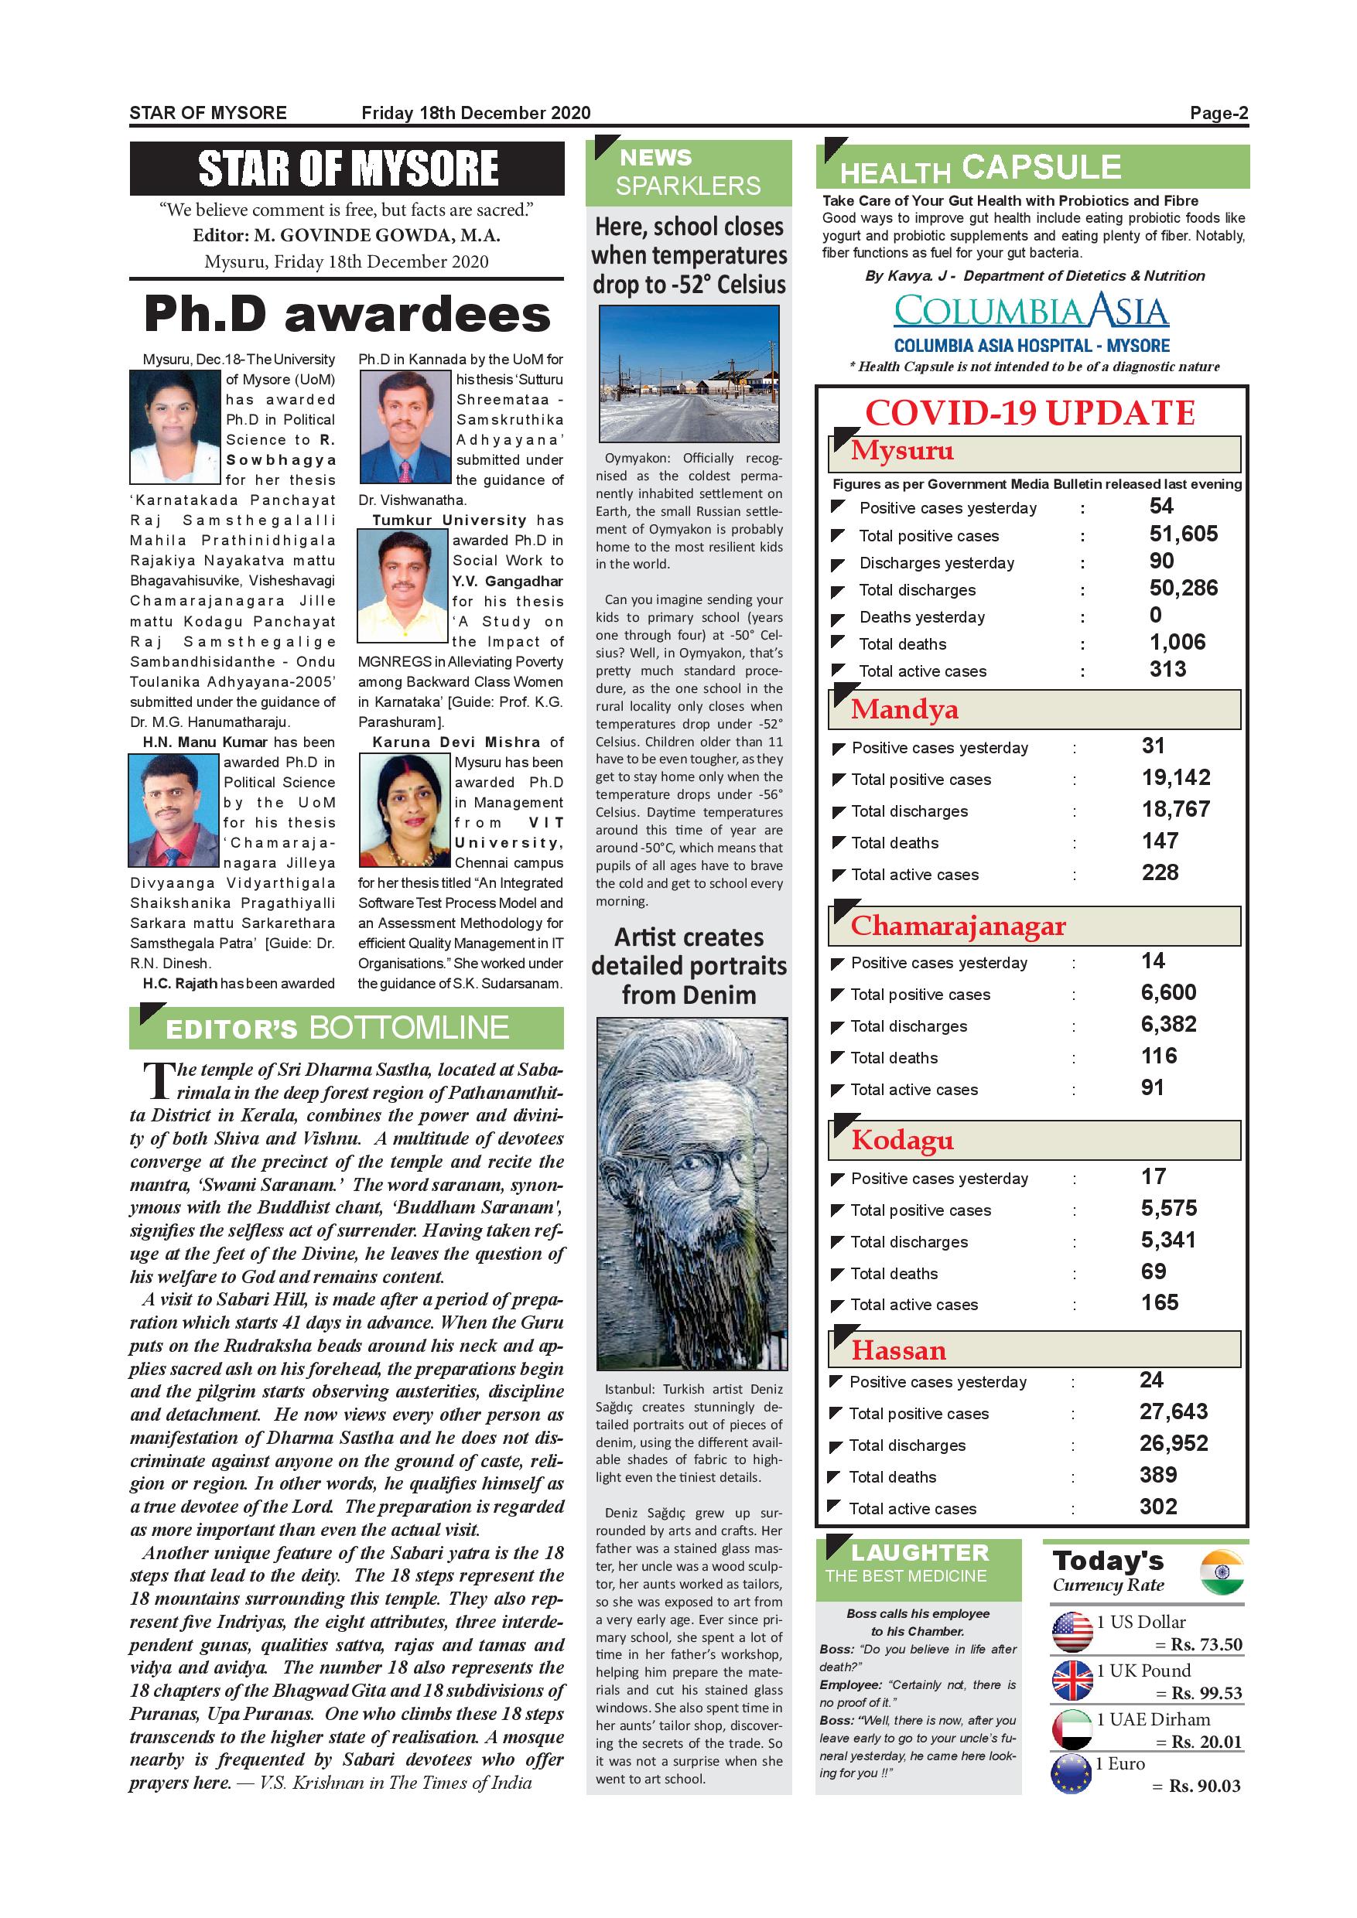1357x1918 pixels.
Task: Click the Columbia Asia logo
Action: coord(1031,312)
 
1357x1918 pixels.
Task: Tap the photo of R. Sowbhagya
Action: coord(176,427)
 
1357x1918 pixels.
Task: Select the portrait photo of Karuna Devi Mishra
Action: coord(405,810)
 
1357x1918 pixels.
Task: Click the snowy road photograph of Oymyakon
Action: coord(689,374)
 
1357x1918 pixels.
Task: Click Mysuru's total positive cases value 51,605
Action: coord(1183,534)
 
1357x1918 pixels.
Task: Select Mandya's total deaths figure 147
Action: coord(1160,841)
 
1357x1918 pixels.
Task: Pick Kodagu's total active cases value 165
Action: coord(1160,1302)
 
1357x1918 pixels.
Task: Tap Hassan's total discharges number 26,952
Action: coord(1173,1443)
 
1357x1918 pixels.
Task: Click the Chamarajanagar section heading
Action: coord(958,926)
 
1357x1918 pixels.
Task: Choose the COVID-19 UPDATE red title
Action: coord(1031,413)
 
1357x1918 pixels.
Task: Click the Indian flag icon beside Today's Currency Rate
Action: coord(1222,1573)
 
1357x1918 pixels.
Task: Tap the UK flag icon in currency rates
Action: coord(1072,1680)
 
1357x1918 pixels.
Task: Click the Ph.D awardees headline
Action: coord(347,315)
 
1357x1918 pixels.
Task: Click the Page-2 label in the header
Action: coord(1219,113)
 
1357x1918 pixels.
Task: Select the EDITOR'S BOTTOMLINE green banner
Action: coord(346,1028)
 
